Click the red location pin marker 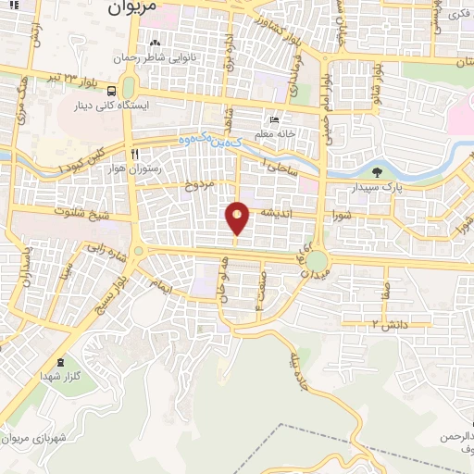click(238, 218)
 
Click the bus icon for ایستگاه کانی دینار click(112, 92)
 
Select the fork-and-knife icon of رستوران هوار click(135, 155)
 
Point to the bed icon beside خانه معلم click(274, 120)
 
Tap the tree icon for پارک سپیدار click(376, 172)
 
